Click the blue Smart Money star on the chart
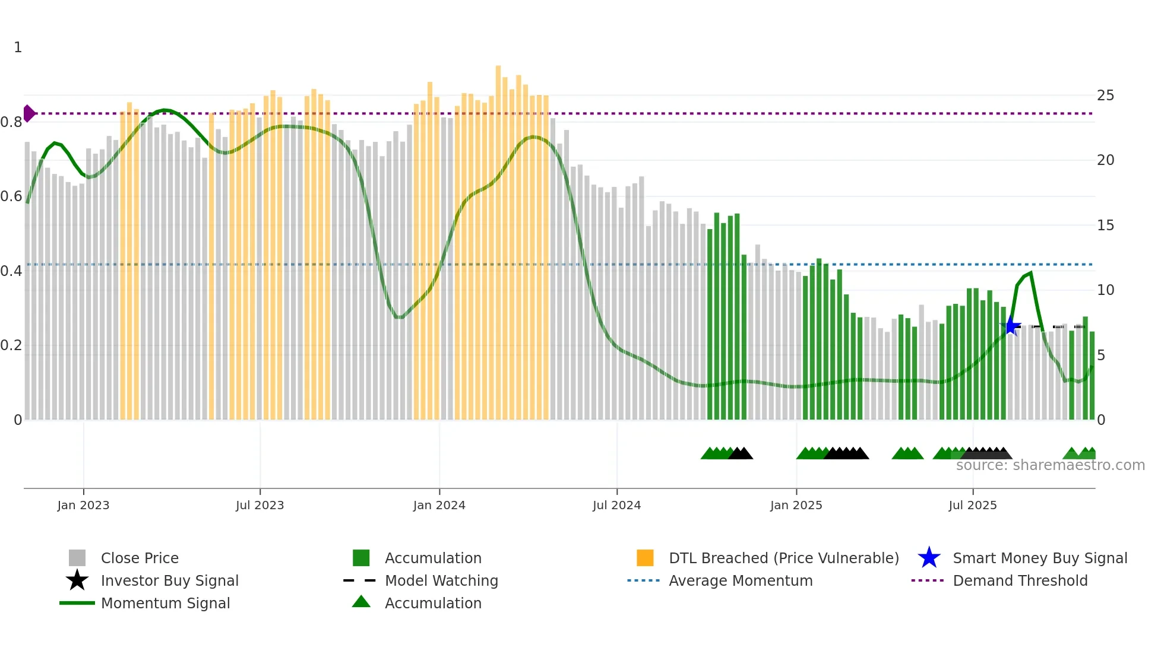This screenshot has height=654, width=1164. click(1011, 326)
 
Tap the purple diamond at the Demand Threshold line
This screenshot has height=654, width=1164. click(29, 113)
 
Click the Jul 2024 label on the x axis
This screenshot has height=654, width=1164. click(616, 505)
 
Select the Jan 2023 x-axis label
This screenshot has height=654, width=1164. click(83, 505)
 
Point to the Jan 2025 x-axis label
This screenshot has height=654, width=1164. click(796, 505)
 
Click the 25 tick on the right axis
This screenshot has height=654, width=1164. click(1105, 96)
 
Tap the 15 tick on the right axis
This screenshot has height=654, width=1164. click(1105, 226)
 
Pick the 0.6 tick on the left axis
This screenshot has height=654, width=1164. click(11, 196)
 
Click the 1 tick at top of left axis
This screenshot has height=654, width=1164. click(18, 47)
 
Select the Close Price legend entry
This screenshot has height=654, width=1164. click(139, 558)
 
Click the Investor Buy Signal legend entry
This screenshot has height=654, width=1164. click(169, 580)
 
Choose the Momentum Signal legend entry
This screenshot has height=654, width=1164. click(165, 603)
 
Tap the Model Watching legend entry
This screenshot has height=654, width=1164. click(441, 580)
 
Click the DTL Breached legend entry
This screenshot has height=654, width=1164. click(783, 558)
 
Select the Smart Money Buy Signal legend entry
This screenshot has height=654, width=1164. click(1039, 558)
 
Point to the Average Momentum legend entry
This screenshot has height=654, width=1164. click(740, 580)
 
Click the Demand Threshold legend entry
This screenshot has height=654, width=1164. click(1020, 580)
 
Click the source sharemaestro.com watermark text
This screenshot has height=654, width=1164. click(1050, 465)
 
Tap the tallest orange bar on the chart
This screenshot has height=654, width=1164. click(498, 237)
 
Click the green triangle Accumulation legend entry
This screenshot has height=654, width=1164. click(432, 603)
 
